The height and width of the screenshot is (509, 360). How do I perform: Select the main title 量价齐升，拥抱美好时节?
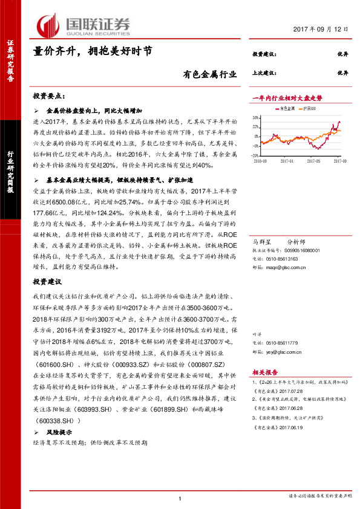coord(97,53)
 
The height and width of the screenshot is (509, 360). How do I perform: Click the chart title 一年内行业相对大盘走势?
coord(287,97)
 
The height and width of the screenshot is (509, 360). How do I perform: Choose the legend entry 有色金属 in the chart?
coord(287,108)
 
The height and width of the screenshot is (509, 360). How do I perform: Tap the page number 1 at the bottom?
coord(180,498)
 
